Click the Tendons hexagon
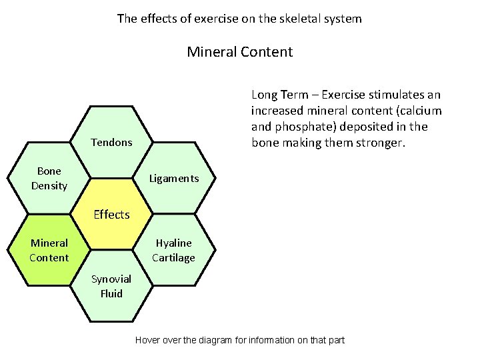click(111, 142)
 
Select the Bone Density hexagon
click(49, 178)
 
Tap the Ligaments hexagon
click(173, 178)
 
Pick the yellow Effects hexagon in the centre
click(111, 214)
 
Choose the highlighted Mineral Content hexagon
click(49, 250)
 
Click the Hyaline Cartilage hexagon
click(173, 250)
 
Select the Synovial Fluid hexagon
click(111, 286)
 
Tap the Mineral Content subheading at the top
click(239, 51)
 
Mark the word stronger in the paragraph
click(379, 143)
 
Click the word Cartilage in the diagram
click(173, 258)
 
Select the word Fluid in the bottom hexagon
click(111, 293)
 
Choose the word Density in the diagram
click(49, 185)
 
